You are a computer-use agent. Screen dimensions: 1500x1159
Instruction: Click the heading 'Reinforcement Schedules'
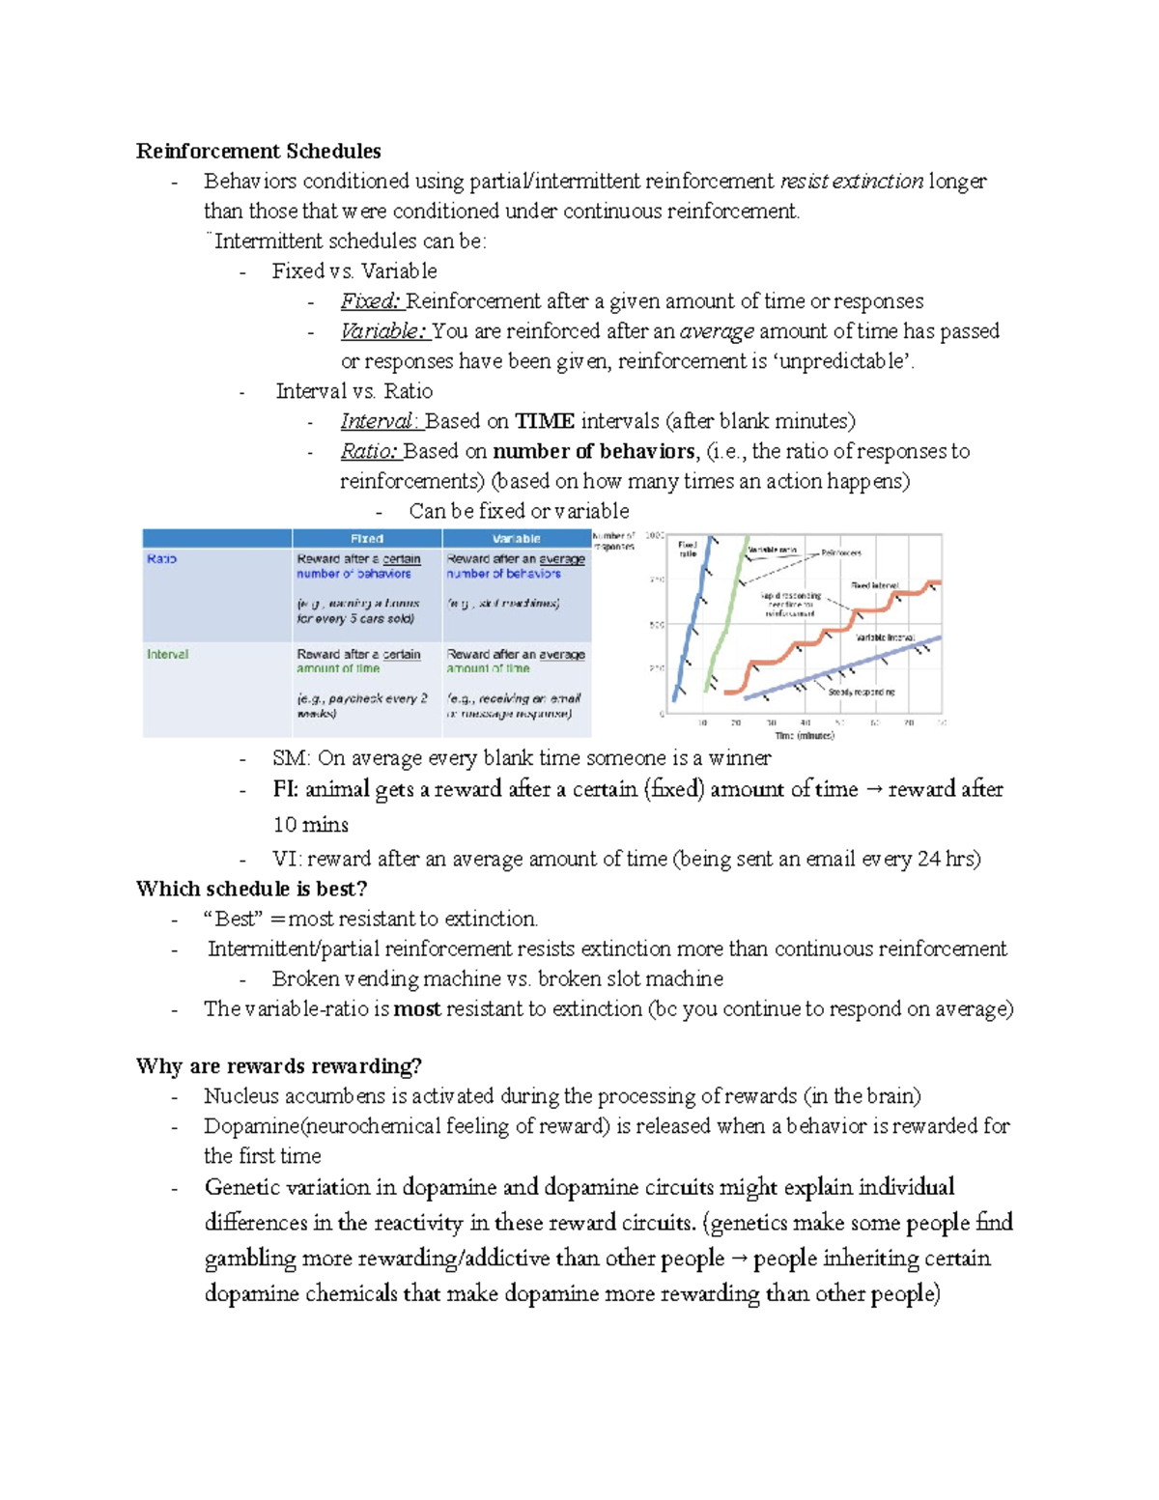258,151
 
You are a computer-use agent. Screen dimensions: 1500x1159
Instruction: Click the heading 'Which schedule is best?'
251,889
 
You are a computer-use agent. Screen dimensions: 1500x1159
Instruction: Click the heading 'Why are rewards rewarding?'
278,1066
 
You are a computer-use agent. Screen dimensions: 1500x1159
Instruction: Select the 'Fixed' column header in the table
367,539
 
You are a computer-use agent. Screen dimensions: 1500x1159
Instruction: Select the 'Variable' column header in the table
517,539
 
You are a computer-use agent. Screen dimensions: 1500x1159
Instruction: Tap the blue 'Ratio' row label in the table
161,559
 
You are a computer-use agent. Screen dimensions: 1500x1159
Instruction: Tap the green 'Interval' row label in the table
167,655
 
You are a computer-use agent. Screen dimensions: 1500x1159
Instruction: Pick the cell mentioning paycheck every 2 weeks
362,704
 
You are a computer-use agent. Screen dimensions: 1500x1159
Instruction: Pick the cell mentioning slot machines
504,603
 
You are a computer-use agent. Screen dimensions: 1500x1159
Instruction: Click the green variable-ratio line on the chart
727,618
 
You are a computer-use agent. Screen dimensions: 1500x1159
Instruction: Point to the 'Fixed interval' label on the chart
874,585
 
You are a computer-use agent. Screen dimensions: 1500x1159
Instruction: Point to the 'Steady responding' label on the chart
861,692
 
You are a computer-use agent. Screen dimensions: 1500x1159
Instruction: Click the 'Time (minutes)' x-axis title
804,736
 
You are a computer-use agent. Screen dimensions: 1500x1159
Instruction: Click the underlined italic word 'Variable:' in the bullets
382,331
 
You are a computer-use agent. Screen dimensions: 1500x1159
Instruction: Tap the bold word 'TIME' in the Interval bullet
544,421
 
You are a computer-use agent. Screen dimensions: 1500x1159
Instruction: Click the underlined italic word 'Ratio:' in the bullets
368,451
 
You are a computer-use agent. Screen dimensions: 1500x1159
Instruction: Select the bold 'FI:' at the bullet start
285,789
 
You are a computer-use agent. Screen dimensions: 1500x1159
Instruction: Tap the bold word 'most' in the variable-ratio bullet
417,1009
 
